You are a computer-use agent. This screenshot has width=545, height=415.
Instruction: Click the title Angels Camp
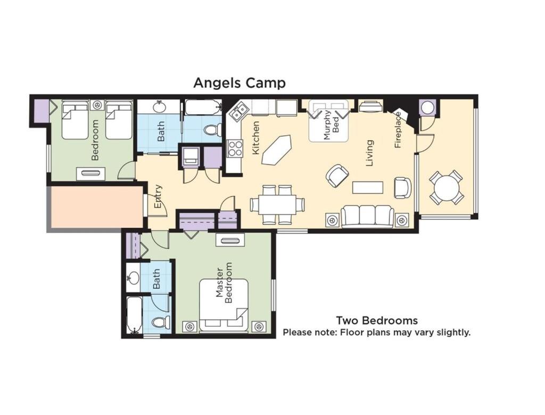coord(240,83)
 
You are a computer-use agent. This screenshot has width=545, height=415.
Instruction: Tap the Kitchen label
coord(255,138)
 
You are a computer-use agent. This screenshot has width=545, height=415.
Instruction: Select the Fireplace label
coord(398,130)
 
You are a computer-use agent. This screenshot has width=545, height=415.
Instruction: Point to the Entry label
coord(158,196)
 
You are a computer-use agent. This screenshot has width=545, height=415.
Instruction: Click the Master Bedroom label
coord(224,283)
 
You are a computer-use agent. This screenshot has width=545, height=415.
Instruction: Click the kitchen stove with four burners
coord(235,148)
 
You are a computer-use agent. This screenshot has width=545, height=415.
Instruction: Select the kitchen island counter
coord(277,150)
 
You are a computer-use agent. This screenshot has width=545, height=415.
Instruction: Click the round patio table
coord(447,187)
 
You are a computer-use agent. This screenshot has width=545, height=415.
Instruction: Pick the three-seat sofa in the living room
coord(367,217)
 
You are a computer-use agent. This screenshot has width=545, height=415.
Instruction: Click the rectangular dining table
coord(277,204)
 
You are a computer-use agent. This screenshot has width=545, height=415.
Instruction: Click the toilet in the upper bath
coord(212,130)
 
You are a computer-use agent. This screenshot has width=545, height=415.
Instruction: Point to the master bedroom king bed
coord(224,305)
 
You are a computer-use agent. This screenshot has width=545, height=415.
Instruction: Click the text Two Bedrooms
coord(377,320)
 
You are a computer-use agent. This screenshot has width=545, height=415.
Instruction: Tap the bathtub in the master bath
coord(134,314)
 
